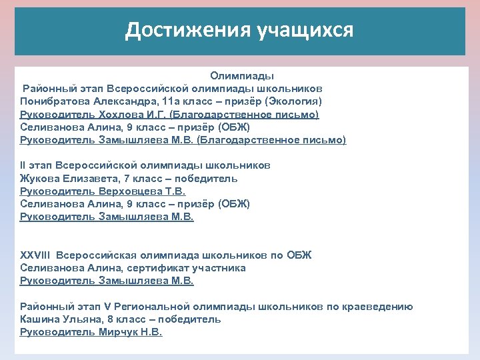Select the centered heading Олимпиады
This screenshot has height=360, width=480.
click(x=242, y=76)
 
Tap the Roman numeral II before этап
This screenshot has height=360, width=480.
click(x=23, y=165)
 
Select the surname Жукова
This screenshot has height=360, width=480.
click(x=40, y=178)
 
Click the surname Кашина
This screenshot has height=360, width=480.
click(x=40, y=319)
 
